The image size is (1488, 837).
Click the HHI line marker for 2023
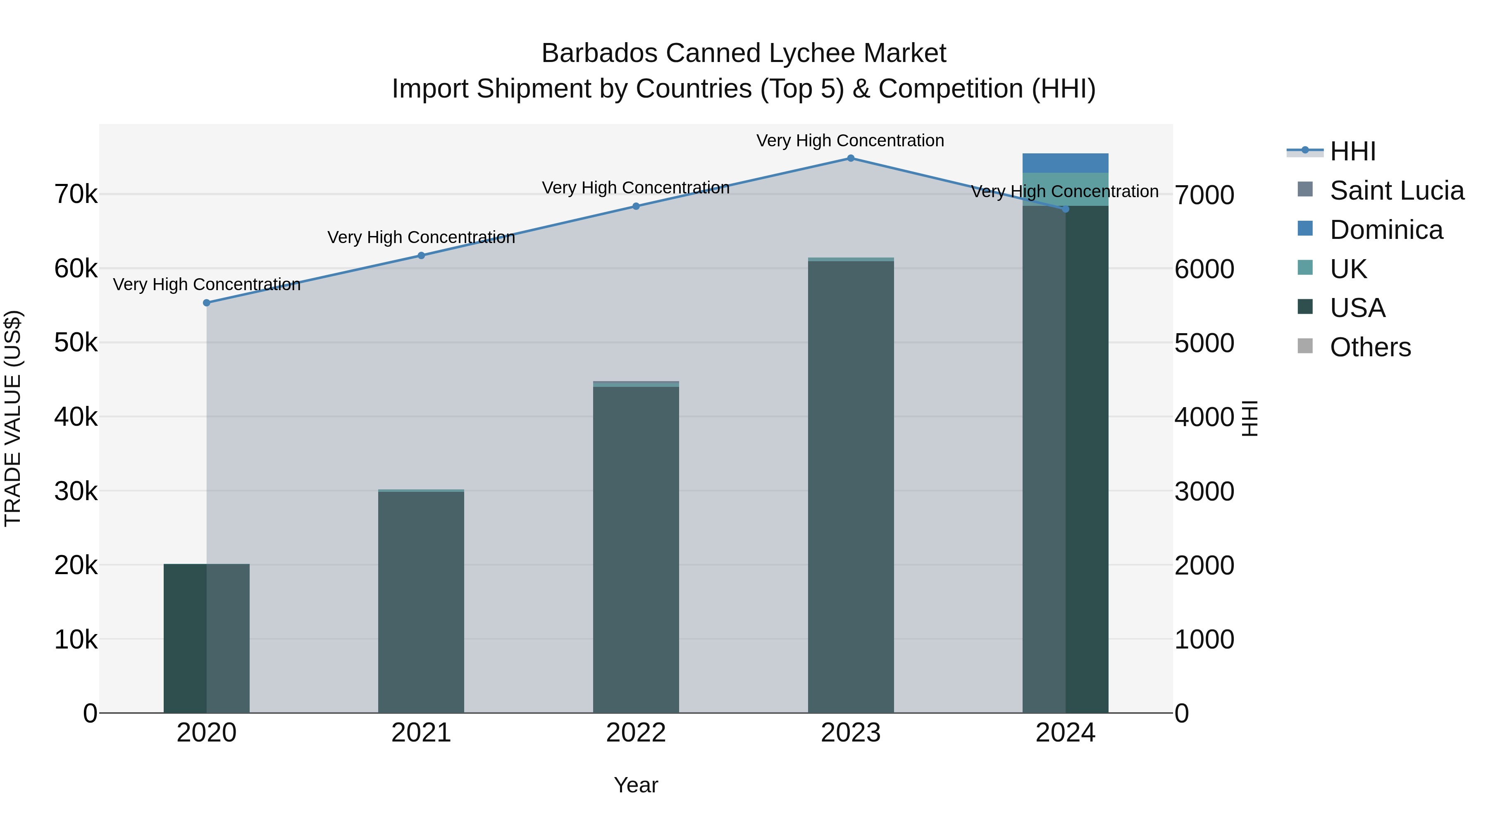850,158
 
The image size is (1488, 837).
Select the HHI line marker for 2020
206,303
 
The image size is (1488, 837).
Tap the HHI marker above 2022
636,206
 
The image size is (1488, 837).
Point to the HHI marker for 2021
421,255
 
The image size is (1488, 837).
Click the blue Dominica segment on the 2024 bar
1065,163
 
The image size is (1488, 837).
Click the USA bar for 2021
421,601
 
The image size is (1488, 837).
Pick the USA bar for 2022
636,549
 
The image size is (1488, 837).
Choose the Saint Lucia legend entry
1397,191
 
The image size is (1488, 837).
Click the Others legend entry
1370,347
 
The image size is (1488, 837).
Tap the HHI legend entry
1353,151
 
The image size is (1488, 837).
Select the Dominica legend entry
1386,230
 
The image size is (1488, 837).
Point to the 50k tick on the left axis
76,343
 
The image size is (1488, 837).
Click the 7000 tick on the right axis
1204,195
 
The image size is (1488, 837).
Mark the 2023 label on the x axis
850,733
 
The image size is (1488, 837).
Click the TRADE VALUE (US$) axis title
13,418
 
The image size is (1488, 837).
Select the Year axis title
636,785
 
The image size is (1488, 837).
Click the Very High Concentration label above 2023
850,141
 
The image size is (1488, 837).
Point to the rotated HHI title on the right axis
1250,418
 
